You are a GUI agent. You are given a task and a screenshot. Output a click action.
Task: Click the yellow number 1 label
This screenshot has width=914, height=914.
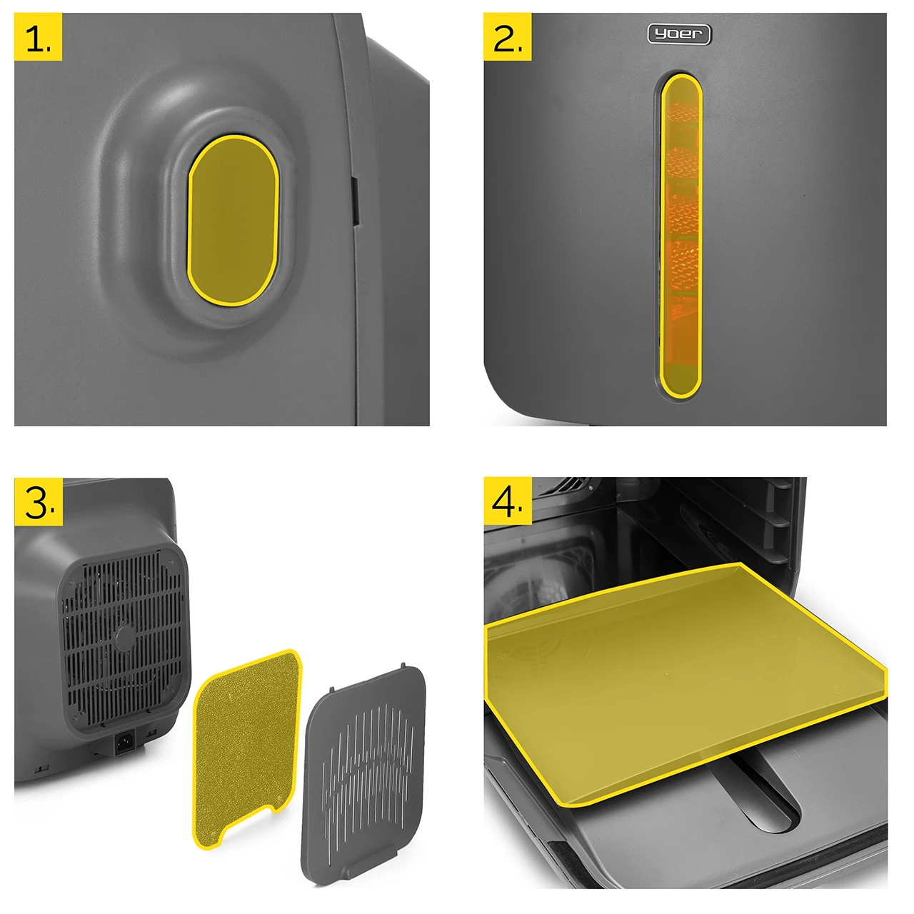coord(38,36)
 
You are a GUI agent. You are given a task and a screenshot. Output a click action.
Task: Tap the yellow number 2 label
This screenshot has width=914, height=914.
coord(507,36)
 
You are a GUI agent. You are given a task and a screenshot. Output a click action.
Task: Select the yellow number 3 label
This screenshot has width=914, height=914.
coord(39,502)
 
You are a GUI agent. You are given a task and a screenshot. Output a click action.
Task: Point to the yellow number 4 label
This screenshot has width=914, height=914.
coord(508,501)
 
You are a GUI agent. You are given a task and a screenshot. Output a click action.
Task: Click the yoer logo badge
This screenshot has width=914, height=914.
coord(679,34)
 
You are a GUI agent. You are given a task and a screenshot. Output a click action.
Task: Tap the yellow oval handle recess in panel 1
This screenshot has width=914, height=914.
coord(233,220)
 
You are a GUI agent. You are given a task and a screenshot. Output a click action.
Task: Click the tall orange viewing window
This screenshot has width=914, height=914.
coord(681,235)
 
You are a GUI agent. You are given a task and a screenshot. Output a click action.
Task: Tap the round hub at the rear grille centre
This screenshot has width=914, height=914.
coord(124,637)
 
